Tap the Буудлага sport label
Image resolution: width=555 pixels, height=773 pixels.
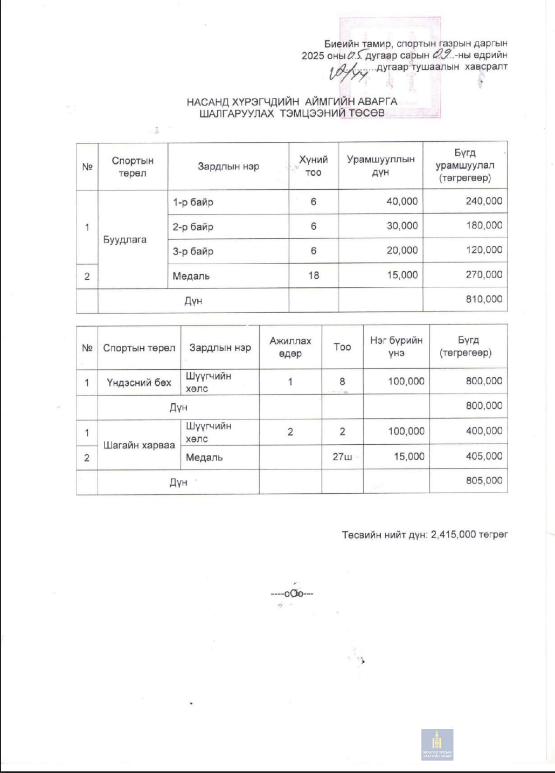(x=125, y=239)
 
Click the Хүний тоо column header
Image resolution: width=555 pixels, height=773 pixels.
(x=313, y=166)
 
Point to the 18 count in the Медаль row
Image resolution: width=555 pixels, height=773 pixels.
(x=314, y=275)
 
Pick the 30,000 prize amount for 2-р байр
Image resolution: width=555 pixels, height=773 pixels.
(x=402, y=226)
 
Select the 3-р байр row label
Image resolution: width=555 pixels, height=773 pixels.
(x=193, y=251)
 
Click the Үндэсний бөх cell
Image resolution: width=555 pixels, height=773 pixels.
(x=139, y=383)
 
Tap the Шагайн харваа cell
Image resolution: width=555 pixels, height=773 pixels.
(x=139, y=445)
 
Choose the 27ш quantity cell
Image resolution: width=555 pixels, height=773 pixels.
(x=342, y=457)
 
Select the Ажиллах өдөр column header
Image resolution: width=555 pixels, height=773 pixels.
(x=290, y=347)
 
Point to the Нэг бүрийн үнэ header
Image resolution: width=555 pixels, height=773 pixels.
(x=396, y=347)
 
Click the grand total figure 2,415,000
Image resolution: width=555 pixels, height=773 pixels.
(x=453, y=535)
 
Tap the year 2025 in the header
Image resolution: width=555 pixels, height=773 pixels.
(x=313, y=56)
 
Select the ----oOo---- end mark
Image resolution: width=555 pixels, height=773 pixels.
(x=292, y=593)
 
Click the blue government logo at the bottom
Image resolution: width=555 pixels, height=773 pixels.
(x=437, y=744)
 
